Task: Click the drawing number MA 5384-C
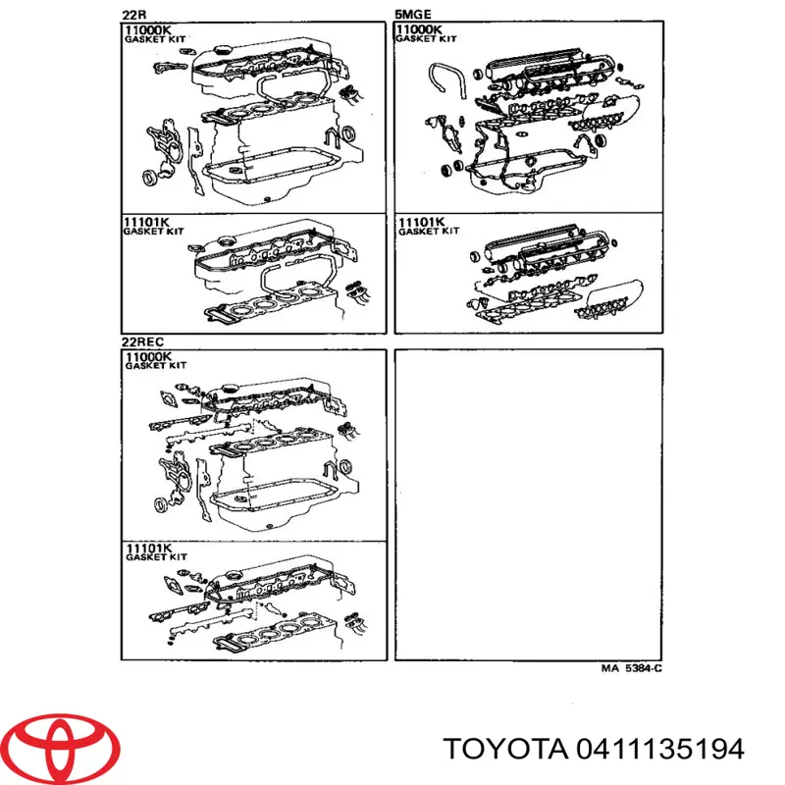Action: coord(630,670)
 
